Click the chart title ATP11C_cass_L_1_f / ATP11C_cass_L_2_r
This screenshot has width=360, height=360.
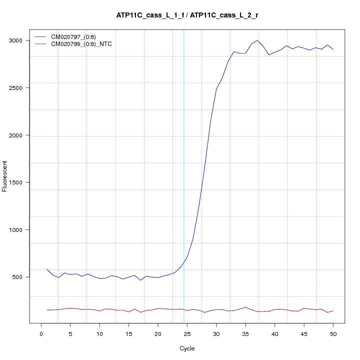(187, 15)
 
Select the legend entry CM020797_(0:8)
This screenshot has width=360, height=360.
(73, 37)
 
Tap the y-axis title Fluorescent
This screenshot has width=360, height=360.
(5, 175)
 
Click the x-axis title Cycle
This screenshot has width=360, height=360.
(187, 348)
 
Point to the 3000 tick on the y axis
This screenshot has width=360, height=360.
(20, 40)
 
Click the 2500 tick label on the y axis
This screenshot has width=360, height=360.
(20, 88)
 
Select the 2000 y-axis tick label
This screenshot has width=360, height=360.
(20, 135)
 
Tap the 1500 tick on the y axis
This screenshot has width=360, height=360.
(20, 182)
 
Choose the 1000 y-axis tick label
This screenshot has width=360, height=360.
(20, 230)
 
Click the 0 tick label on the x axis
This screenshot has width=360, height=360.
(41, 333)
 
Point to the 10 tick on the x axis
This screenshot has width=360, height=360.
(99, 333)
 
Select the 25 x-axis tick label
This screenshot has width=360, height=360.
(187, 333)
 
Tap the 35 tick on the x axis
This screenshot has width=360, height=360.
(245, 333)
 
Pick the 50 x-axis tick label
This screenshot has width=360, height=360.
(333, 333)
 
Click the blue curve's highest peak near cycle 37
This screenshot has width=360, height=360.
(257, 40)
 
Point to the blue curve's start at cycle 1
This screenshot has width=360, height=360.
(47, 269)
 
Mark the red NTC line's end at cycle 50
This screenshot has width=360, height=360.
(333, 310)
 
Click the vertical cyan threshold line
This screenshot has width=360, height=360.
(184, 175)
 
